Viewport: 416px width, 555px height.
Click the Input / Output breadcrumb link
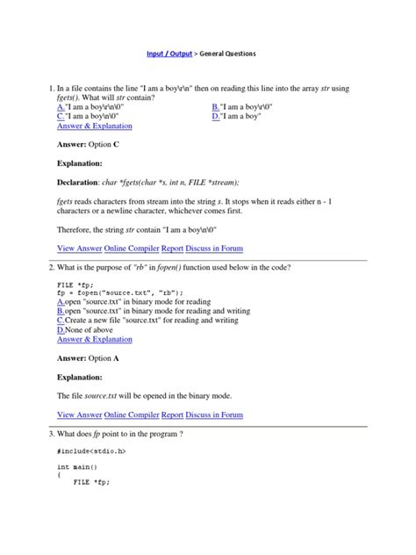[170, 54]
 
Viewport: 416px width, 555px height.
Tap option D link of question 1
[216, 115]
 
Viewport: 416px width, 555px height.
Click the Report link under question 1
[173, 249]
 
